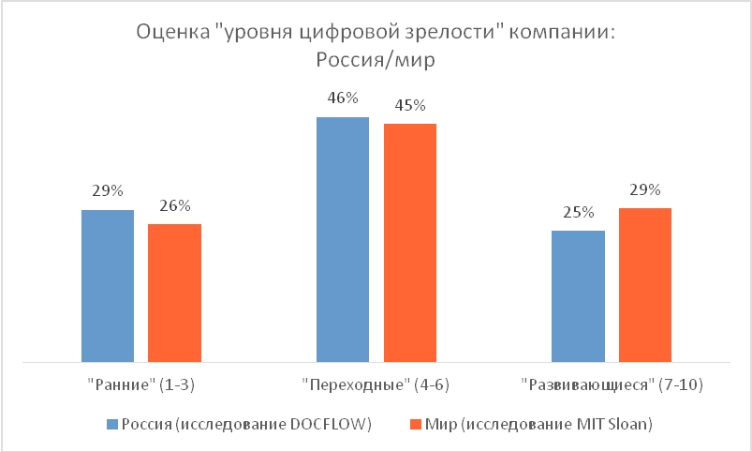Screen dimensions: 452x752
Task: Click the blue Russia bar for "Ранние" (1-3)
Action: point(108,285)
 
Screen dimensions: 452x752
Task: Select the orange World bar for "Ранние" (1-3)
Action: point(175,293)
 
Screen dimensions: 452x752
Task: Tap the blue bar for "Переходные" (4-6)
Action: point(343,239)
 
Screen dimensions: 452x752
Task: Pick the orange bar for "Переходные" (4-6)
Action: point(410,242)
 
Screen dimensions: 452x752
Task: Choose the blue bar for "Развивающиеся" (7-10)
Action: point(578,295)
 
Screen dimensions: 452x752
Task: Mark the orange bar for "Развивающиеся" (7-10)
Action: point(645,284)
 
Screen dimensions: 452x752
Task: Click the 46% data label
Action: point(343,98)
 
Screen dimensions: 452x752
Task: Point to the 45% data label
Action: point(410,104)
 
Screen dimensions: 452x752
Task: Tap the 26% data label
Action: point(175,205)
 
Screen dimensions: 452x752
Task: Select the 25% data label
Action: point(578,212)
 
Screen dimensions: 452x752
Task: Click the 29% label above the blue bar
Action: point(108,190)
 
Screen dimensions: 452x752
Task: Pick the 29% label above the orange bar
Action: point(645,188)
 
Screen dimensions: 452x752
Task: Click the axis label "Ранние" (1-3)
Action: point(140,384)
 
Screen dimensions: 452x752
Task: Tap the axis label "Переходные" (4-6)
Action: point(376,384)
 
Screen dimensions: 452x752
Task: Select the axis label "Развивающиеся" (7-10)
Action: point(612,384)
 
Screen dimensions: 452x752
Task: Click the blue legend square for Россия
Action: point(113,424)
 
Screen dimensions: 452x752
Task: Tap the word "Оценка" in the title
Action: point(171,33)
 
